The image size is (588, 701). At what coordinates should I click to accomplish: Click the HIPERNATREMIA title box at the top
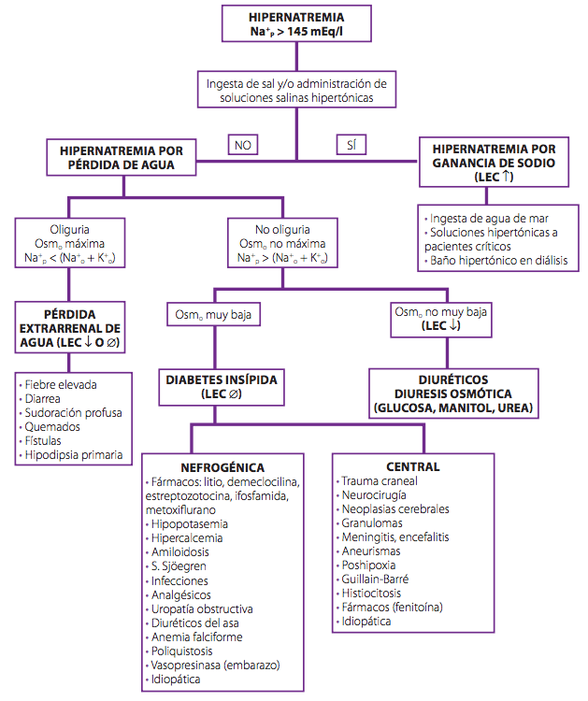click(296, 25)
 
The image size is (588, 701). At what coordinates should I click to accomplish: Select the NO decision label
click(243, 145)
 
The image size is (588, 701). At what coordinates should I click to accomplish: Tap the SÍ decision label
click(351, 145)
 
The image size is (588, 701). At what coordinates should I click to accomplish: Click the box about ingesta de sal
click(296, 90)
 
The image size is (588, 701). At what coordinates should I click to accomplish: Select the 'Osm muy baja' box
click(213, 315)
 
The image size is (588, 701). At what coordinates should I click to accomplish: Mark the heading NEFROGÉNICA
click(222, 467)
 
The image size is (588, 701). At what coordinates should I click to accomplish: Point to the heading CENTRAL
click(413, 466)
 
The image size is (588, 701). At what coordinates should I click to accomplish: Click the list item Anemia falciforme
click(197, 637)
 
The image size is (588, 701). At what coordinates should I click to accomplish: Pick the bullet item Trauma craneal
click(380, 480)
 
